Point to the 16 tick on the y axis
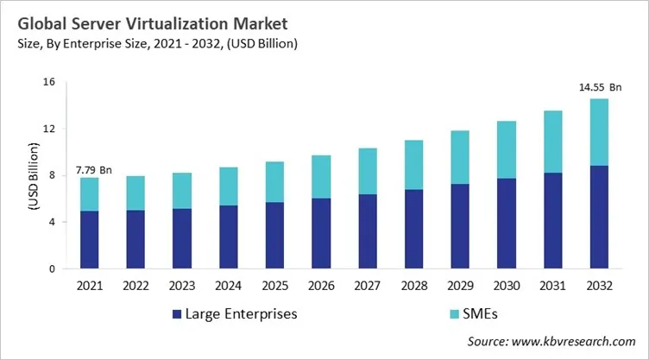tap(49, 82)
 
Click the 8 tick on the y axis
tap(52, 175)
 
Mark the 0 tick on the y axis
tap(52, 268)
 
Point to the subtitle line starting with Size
tap(152, 45)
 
